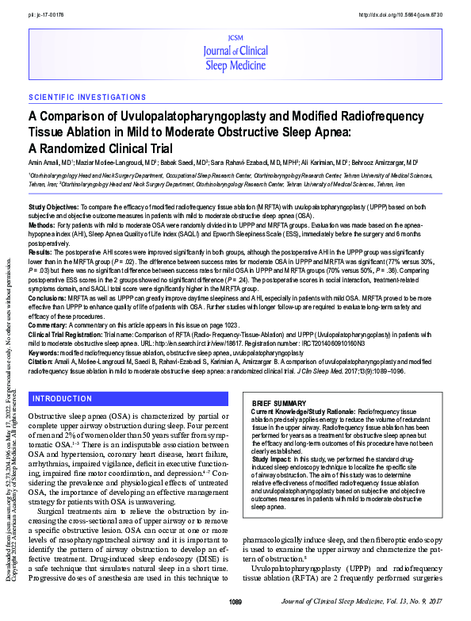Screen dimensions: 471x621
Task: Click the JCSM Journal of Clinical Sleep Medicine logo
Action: (237, 53)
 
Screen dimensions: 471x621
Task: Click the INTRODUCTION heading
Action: (62, 398)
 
